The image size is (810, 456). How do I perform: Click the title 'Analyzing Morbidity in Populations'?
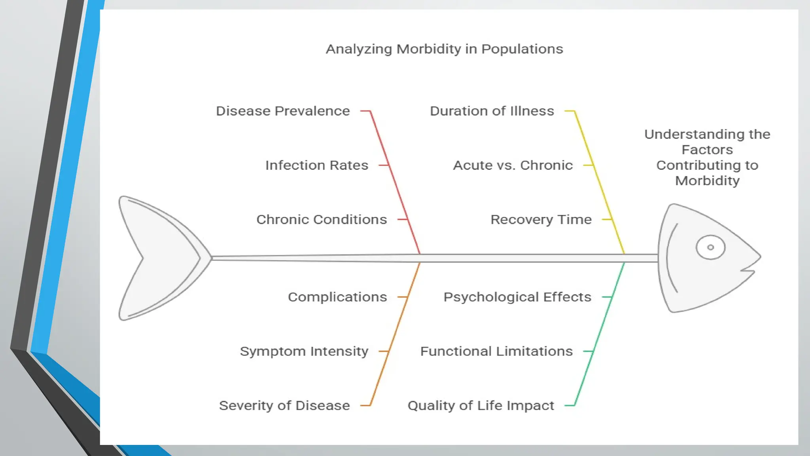444,49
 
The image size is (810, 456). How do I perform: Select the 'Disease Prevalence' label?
283,111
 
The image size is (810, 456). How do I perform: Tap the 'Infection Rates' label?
316,165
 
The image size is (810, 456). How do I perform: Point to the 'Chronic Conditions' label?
322,219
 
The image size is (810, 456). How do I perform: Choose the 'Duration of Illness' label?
492,111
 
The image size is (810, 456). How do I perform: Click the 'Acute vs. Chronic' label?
513,165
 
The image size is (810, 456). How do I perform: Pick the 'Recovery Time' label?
541,219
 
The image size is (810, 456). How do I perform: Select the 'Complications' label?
337,297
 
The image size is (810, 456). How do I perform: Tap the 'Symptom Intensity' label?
304,351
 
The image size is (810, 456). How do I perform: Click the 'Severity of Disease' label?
284,405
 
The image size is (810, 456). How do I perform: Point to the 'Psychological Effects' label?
517,297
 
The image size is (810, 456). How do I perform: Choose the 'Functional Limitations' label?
496,351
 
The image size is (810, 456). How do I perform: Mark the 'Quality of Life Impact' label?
481,405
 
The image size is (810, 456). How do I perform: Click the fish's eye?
710,247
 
